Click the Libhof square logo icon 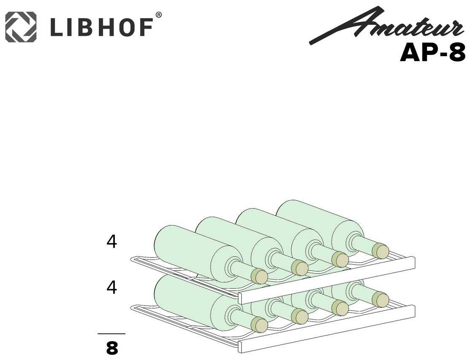[x=21, y=27]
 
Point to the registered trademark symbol [x=159, y=15]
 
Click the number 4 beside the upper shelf [x=111, y=242]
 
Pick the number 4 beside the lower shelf [x=111, y=287]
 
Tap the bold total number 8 [x=112, y=349]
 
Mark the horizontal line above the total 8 [x=111, y=334]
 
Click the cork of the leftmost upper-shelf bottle [x=259, y=276]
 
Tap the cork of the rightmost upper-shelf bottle [x=381, y=251]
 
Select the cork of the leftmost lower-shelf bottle [x=259, y=325]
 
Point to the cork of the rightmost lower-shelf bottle [x=381, y=300]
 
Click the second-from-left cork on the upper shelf [x=300, y=268]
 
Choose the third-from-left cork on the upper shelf [x=340, y=260]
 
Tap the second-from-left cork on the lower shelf [x=300, y=316]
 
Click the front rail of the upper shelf [x=327, y=280]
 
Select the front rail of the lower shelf [x=327, y=329]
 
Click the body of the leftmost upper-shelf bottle [x=190, y=249]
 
